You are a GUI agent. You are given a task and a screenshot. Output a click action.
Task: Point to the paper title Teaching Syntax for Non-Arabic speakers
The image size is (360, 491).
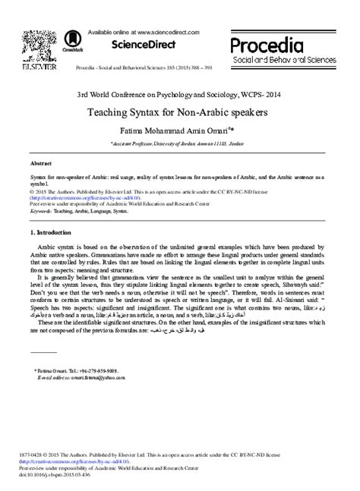pos(179,112)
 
